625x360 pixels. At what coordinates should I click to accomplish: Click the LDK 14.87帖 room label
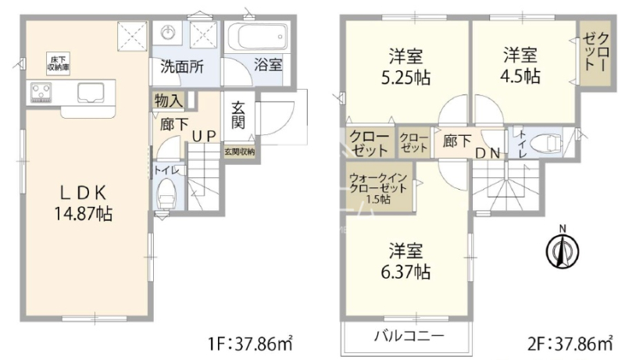point(83,204)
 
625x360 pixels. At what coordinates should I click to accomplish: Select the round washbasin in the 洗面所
point(168,31)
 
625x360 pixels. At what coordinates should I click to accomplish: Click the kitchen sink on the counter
point(91,92)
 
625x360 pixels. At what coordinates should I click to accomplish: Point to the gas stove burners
point(41,91)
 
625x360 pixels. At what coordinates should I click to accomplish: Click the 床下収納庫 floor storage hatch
point(58,64)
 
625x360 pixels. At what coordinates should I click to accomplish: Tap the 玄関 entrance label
point(238,116)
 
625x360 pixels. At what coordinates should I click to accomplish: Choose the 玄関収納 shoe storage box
point(239,151)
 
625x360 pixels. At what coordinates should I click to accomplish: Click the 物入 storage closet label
point(169,101)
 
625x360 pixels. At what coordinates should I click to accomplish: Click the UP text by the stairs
point(204,136)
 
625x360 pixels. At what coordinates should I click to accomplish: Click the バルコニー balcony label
point(409,337)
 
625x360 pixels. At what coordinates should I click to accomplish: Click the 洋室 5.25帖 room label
point(405,67)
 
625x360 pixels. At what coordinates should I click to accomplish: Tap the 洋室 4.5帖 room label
point(520,66)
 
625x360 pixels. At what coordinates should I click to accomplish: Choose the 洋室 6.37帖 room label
point(405,262)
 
